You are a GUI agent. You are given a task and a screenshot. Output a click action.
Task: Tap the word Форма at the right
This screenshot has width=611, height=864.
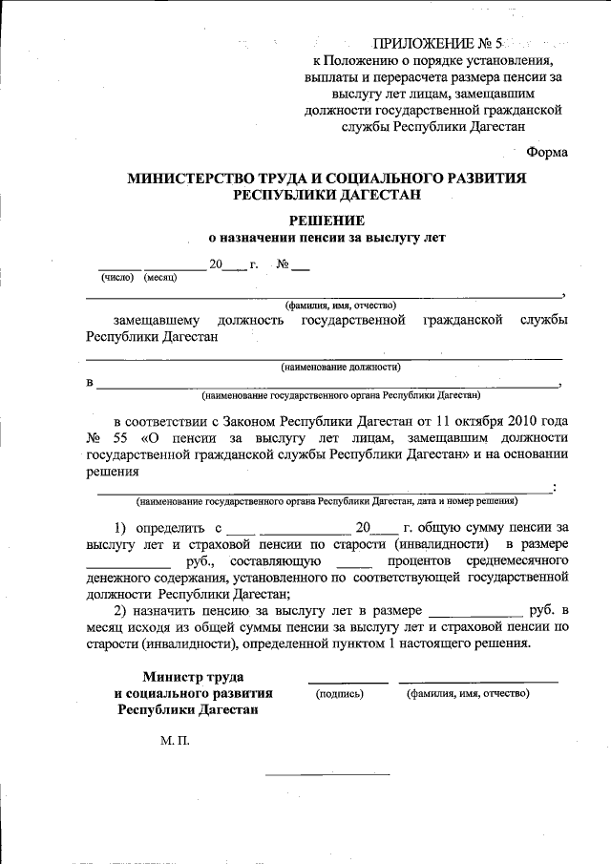547,152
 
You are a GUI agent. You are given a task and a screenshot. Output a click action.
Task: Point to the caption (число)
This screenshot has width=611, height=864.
118,278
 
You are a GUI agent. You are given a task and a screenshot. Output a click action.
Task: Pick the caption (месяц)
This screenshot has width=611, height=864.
161,278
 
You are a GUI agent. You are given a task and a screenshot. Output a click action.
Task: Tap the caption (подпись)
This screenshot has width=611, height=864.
340,693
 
